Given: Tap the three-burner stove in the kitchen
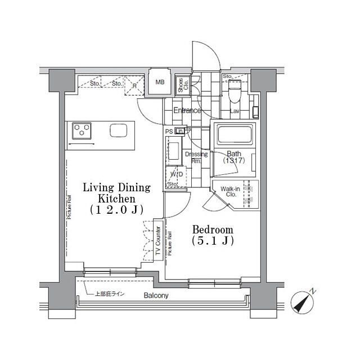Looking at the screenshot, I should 82,132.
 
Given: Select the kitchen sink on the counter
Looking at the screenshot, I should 119,130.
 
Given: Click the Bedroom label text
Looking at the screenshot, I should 212,230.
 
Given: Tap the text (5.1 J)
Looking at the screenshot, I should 212,241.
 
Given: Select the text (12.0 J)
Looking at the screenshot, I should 116,210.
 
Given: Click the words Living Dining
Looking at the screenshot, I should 116,187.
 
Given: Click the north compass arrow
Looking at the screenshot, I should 303,303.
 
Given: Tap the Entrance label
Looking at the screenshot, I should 187,110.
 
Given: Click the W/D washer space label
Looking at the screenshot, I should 176,174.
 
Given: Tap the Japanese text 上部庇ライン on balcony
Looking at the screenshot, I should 110,294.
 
